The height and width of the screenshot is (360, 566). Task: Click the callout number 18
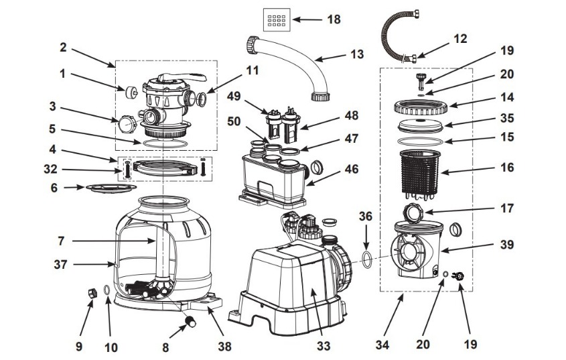333,19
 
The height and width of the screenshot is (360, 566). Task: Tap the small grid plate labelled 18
276,20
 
